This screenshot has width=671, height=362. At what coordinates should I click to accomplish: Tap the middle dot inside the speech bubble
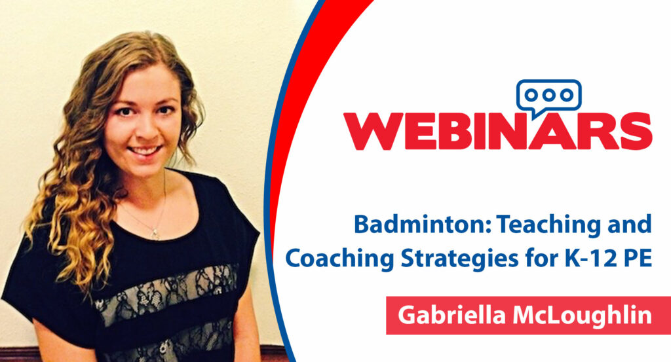pyautogui.click(x=549, y=95)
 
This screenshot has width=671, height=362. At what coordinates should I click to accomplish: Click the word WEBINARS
pyautogui.click(x=498, y=131)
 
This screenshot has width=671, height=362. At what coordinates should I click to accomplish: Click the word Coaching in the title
pyautogui.click(x=340, y=259)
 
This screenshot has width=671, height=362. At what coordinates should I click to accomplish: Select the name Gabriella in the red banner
pyautogui.click(x=452, y=316)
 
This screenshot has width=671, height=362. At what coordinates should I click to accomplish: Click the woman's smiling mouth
pyautogui.click(x=145, y=151)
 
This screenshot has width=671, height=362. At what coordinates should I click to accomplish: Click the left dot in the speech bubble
pyautogui.click(x=531, y=95)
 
